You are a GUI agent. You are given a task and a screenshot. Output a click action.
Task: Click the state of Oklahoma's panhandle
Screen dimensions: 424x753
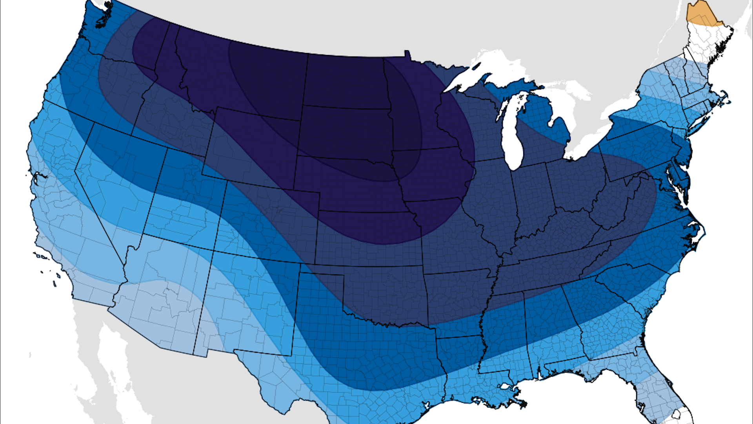coord(322,269)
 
